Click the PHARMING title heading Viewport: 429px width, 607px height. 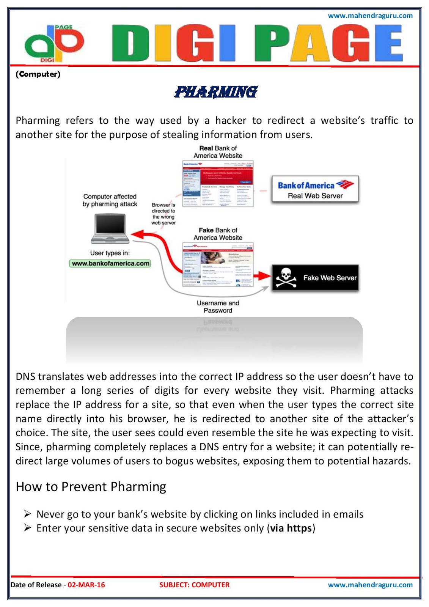(x=216, y=91)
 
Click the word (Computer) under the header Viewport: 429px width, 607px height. (x=38, y=74)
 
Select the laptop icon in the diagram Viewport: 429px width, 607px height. (x=110, y=229)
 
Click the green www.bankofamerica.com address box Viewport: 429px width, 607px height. (x=110, y=263)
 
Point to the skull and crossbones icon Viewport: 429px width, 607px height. (x=286, y=278)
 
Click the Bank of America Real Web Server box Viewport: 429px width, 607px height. (x=315, y=190)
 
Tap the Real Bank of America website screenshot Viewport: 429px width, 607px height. (x=218, y=184)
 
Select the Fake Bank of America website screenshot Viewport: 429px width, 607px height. (x=218, y=264)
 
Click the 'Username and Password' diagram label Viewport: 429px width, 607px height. (x=218, y=307)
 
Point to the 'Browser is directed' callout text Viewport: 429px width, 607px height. (x=163, y=214)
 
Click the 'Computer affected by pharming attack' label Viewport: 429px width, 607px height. (x=110, y=200)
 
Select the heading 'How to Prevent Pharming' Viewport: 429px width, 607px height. (x=91, y=487)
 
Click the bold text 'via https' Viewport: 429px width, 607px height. (x=291, y=528)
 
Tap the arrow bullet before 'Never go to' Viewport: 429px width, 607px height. (x=27, y=514)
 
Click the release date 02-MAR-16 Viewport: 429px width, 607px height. (x=86, y=585)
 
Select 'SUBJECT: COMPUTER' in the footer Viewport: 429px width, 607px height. (x=194, y=585)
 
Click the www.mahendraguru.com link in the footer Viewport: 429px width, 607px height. (x=370, y=585)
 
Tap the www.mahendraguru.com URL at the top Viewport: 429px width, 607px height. (x=370, y=16)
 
